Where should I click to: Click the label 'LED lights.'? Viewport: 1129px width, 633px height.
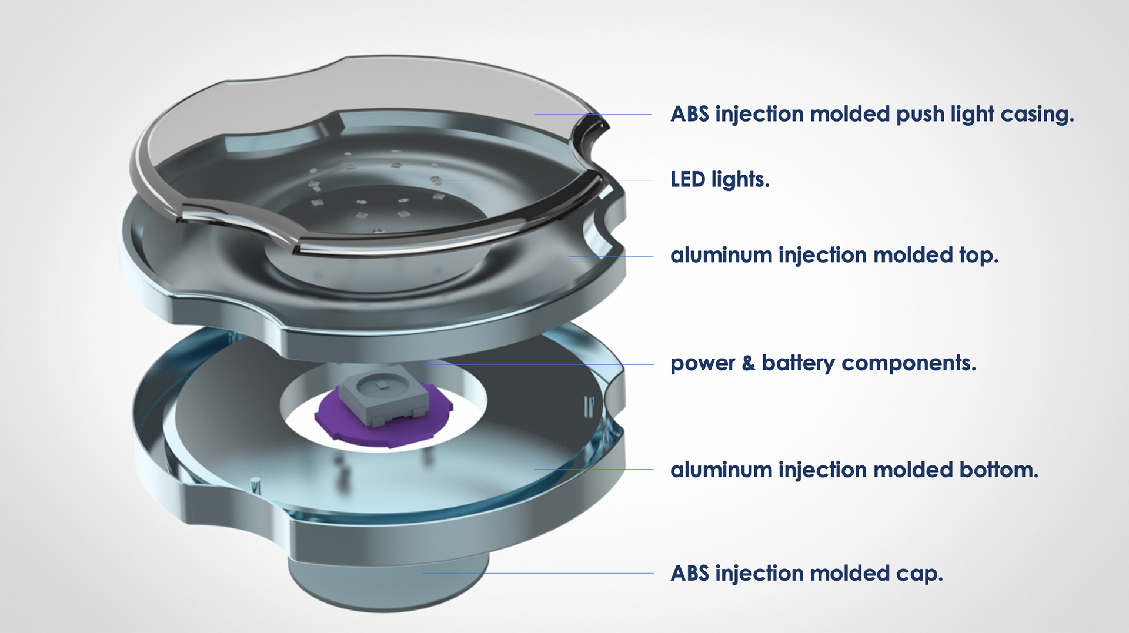click(720, 179)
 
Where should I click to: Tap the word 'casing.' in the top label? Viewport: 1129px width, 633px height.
click(1037, 115)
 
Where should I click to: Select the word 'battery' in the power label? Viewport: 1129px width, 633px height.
click(798, 363)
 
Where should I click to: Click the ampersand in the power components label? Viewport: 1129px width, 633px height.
click(748, 363)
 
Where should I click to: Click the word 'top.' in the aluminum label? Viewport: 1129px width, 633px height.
click(978, 256)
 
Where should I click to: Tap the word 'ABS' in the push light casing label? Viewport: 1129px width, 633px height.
click(690, 114)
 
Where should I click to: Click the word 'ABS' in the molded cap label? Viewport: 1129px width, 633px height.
click(690, 573)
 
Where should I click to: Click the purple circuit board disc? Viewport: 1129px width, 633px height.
click(383, 417)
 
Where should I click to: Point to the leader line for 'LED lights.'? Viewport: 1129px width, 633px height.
click(546, 180)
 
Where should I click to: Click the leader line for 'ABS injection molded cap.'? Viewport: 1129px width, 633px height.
click(537, 573)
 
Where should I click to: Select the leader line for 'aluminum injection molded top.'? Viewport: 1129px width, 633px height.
click(610, 256)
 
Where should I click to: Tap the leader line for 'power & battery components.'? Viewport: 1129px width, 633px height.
click(537, 364)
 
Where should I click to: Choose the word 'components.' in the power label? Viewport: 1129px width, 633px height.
click(908, 364)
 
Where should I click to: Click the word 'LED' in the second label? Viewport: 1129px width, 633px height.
click(688, 179)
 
